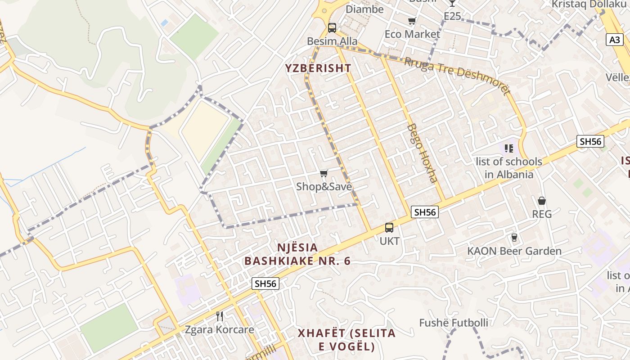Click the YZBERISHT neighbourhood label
click(318, 68)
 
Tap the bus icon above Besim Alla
click(332, 28)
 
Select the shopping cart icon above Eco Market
click(412, 21)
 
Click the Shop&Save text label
click(324, 186)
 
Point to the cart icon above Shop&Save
click(324, 174)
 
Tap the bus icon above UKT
click(389, 228)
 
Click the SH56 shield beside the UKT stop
click(425, 212)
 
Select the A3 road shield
click(615, 40)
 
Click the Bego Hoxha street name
click(422, 153)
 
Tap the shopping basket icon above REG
click(542, 201)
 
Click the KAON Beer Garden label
click(514, 251)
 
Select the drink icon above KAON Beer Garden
click(514, 238)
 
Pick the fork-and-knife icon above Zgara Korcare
click(220, 316)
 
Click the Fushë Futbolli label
click(454, 323)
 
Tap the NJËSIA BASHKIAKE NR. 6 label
click(297, 254)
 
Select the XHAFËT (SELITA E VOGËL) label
click(346, 340)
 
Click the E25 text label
click(452, 16)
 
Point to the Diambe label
click(364, 9)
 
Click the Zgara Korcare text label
click(220, 329)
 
